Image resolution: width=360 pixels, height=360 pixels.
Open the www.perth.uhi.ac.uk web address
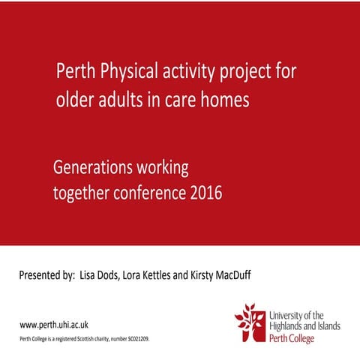(x=54, y=325)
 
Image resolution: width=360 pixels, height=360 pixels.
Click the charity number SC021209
(x=138, y=340)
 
